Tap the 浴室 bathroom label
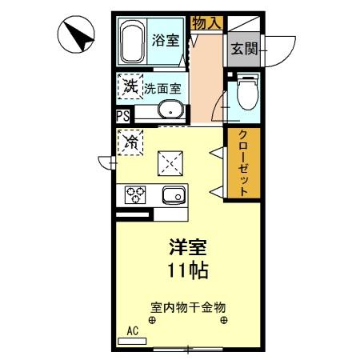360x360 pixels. click(x=166, y=41)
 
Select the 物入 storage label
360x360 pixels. click(x=207, y=23)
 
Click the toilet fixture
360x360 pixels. click(x=246, y=95)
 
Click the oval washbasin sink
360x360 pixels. click(x=170, y=110)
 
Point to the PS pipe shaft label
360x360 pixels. click(x=123, y=115)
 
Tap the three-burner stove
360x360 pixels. click(x=134, y=194)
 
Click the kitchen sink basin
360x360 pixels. click(x=173, y=194)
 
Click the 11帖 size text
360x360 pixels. click(x=188, y=270)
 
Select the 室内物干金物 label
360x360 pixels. click(x=188, y=306)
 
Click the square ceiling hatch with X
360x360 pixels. click(x=170, y=163)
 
